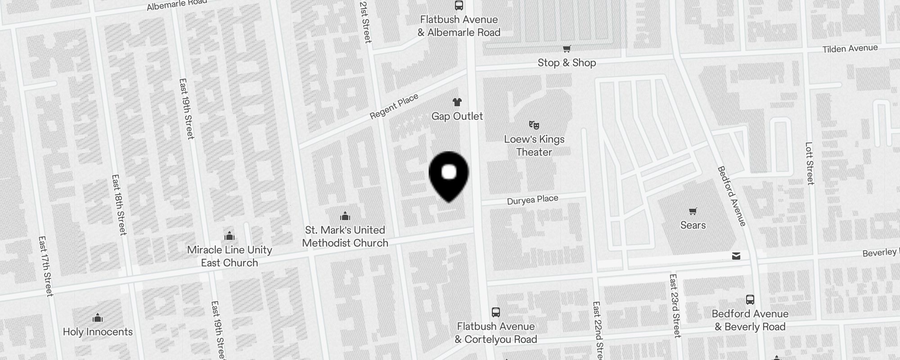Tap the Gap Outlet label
pos(457,116)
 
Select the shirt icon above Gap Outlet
pos(457,102)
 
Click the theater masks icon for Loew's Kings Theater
pos(534,125)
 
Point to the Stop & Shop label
pos(567,63)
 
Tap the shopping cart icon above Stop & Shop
pos(567,49)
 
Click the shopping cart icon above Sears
pos(693,211)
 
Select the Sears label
pos(693,225)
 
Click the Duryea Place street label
pos(532,200)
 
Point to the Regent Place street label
pos(394,107)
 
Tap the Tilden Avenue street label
pos(850,49)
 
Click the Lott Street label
pos(810,163)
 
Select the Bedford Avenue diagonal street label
pos(731,196)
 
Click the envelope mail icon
pos(736,256)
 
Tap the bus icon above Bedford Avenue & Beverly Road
pos(750,300)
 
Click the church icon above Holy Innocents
pos(98,318)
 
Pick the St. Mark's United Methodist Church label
pos(345,236)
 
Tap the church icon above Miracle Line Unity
pos(229,236)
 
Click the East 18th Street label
pos(119,205)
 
